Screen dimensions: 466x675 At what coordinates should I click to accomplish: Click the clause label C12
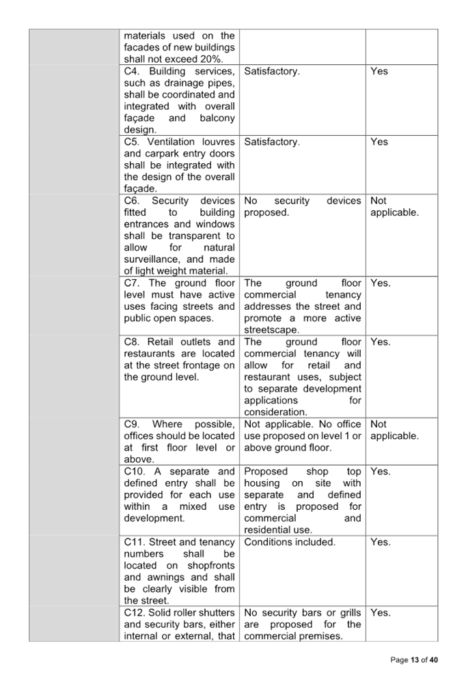click(135, 613)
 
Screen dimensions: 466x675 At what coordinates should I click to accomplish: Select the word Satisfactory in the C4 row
click(271, 72)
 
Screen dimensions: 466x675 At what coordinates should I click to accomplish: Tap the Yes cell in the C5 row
click(379, 142)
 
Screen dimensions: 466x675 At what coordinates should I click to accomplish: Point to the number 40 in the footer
click(434, 660)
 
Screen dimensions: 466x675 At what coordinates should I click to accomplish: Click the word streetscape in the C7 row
click(271, 330)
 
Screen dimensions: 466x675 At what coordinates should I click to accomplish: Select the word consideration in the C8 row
click(275, 412)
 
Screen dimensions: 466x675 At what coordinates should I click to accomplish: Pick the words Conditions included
click(290, 543)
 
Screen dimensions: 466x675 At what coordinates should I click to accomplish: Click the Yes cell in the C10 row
click(381, 472)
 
